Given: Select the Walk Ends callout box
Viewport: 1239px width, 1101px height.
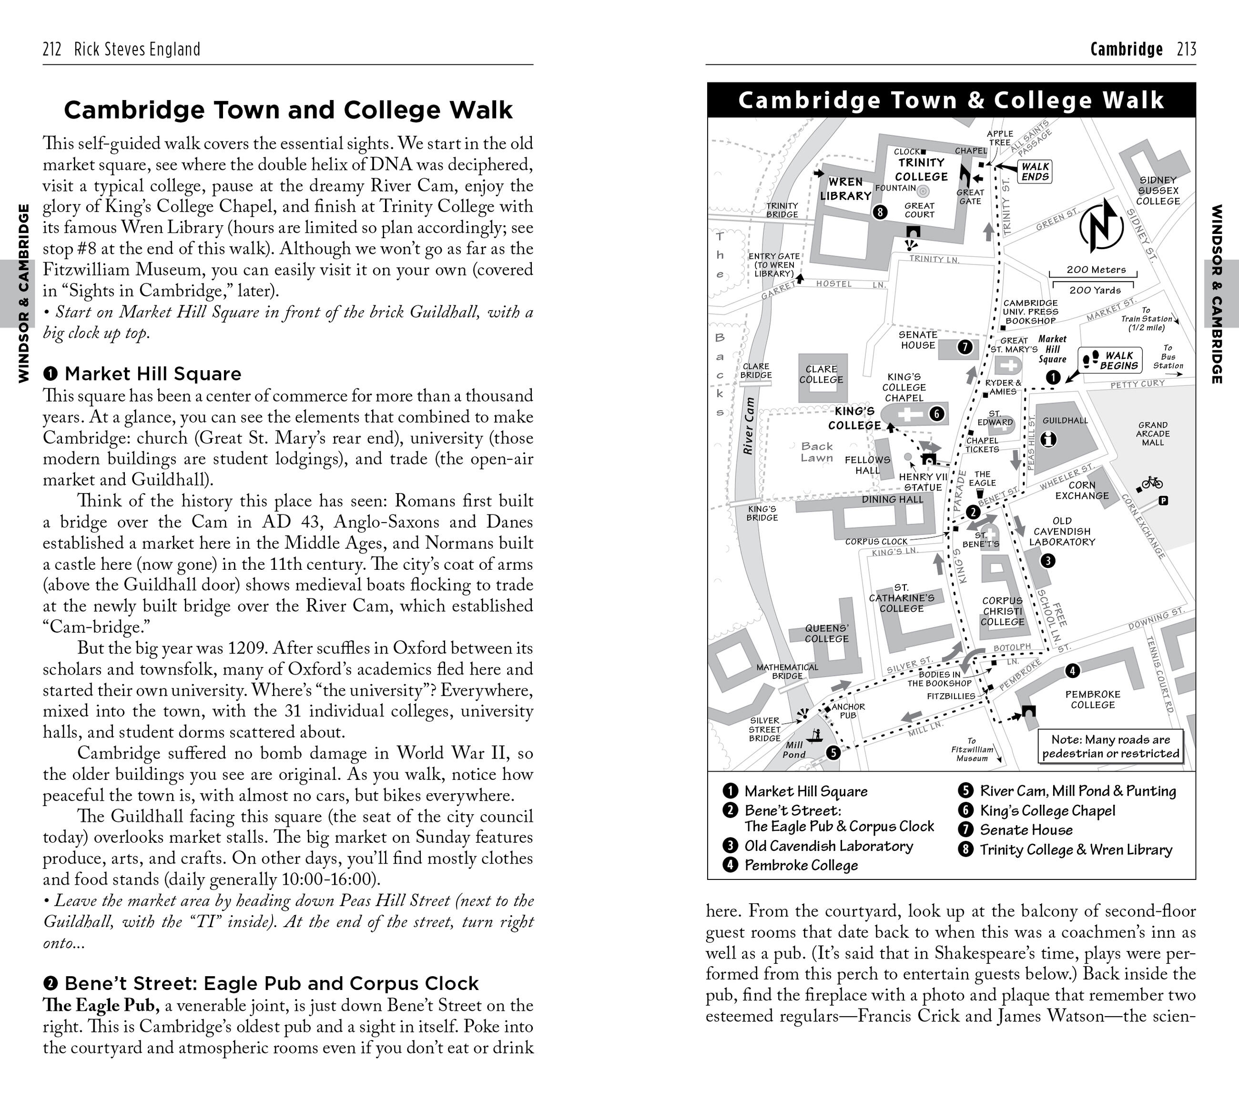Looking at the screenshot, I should [x=1034, y=172].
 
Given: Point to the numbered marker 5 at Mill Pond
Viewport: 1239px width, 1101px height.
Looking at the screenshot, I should [x=833, y=753].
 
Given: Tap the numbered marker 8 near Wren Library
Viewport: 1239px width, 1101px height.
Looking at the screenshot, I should [x=880, y=212].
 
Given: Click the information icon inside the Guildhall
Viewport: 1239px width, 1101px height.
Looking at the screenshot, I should [x=1048, y=439].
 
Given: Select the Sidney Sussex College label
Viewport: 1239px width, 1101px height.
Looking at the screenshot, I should [x=1158, y=191].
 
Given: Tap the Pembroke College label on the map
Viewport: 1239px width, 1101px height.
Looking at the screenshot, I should [x=1092, y=699].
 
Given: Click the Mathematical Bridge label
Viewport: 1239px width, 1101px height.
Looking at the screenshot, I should [x=787, y=671].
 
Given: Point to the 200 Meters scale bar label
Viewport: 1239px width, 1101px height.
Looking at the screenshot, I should [x=1096, y=270].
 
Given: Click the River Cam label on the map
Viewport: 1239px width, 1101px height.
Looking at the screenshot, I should [x=749, y=426].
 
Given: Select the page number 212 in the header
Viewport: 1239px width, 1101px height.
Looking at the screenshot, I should [x=52, y=49].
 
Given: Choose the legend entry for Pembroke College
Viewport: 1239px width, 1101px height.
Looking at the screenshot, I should [x=801, y=865].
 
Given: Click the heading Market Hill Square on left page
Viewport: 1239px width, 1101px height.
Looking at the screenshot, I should [x=153, y=374].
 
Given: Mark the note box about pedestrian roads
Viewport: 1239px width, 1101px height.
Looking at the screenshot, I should [x=1110, y=747].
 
